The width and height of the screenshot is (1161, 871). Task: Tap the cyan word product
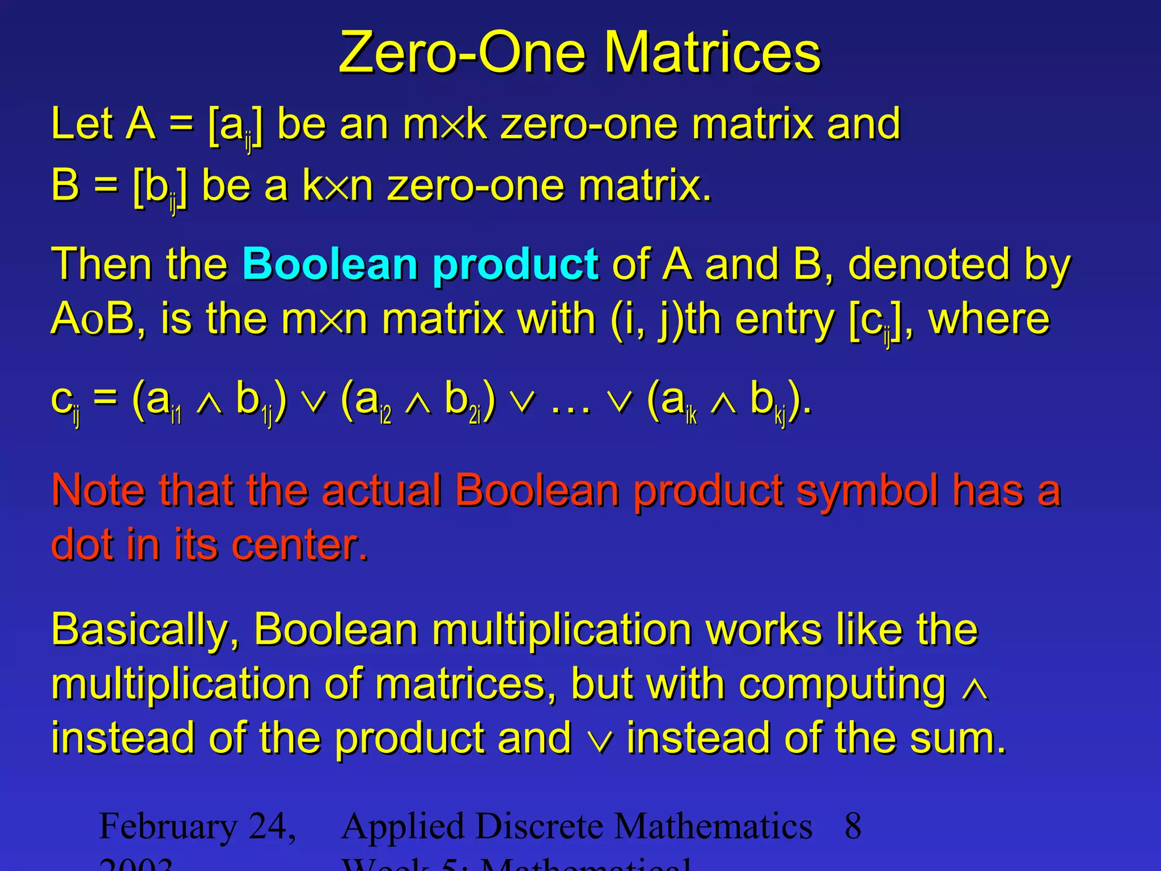515,265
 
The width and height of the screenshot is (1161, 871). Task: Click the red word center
300,544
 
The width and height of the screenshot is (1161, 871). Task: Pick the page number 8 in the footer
853,826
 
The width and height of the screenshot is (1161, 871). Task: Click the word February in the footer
168,827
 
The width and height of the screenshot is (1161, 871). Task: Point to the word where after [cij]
989,319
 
